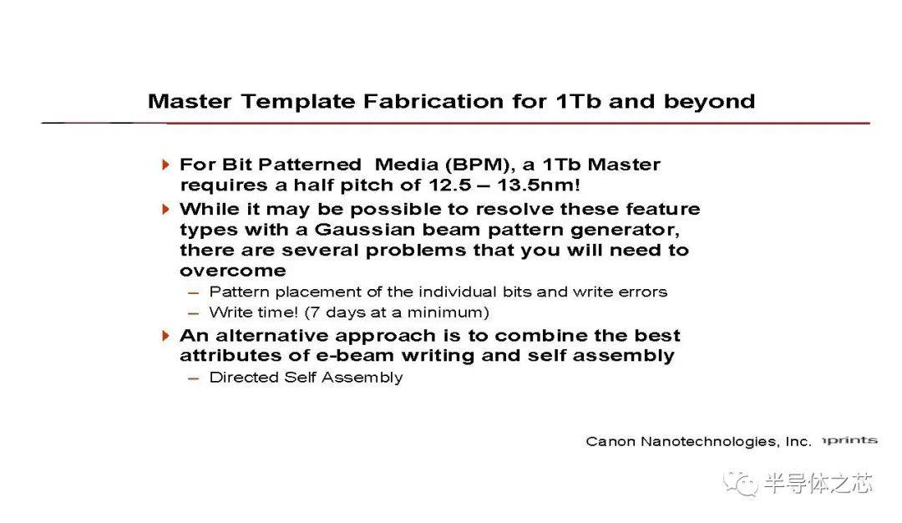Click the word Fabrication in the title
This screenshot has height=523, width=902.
point(433,101)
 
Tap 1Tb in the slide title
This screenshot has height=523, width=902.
point(578,101)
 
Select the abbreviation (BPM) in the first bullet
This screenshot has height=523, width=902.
point(479,165)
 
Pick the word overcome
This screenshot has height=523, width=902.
point(233,271)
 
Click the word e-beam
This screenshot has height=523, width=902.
point(354,356)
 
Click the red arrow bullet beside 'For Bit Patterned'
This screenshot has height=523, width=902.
point(165,165)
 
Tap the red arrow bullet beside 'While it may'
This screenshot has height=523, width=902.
point(165,209)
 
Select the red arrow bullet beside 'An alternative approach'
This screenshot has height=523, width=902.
point(165,335)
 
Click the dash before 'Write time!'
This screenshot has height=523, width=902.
point(193,314)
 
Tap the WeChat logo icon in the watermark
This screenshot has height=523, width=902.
point(740,483)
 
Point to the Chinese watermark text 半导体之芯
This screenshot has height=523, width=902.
point(818,483)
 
